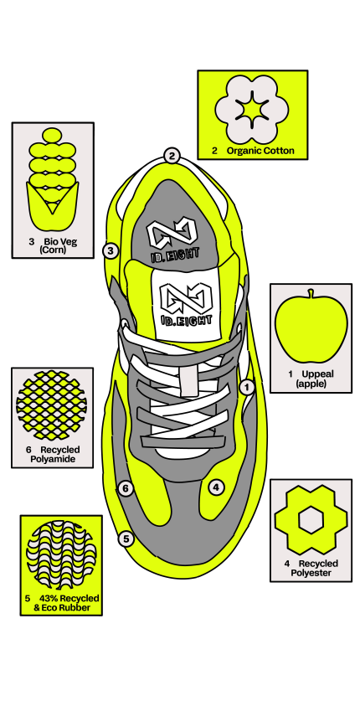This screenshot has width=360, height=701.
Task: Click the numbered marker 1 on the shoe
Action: pos(247,387)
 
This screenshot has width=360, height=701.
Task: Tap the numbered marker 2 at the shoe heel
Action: pos(172,156)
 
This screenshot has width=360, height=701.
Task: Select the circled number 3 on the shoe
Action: pos(111,250)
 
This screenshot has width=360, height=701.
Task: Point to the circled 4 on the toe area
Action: pos(216,487)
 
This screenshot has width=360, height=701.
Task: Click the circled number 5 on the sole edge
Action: pos(126,539)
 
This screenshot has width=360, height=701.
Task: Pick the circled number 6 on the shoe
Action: pos(126,488)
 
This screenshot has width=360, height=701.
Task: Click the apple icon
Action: pos(311,326)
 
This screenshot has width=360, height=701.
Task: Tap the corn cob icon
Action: pos(53,178)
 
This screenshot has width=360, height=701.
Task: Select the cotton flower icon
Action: pos(252,109)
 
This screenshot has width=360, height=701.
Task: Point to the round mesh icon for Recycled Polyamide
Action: pos(51,405)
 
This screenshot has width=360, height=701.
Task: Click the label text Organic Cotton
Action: pos(260,151)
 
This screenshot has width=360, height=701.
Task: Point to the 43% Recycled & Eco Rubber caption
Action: pos(62,603)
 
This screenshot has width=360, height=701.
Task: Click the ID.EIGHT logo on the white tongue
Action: pos(186,304)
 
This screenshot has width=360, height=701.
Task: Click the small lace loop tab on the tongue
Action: pos(189,380)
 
